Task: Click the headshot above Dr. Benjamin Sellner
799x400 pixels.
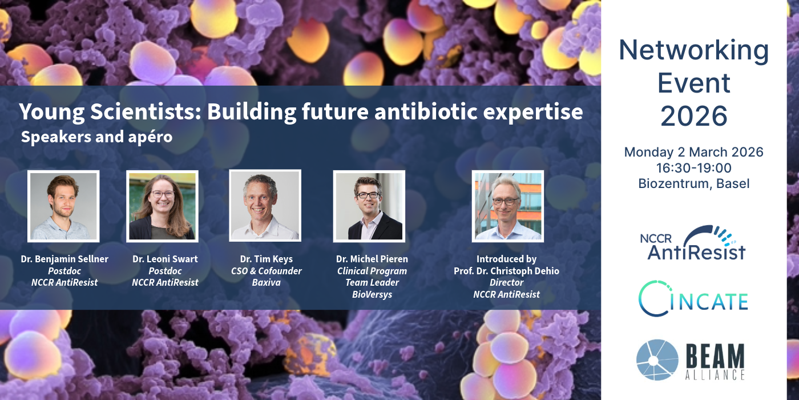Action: [63, 206]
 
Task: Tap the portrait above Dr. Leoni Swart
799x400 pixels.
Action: [162, 206]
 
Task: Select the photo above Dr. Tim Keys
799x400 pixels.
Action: [265, 206]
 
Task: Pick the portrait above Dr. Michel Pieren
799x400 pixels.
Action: [369, 206]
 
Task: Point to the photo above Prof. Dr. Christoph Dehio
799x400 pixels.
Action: [508, 206]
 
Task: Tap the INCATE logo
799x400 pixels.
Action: [693, 298]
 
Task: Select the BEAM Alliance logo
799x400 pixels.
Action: [691, 360]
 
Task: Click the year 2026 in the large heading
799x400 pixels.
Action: [694, 115]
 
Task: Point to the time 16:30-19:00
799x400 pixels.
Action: [694, 168]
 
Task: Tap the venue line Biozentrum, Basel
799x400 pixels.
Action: [694, 183]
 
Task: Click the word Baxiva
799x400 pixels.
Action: [266, 282]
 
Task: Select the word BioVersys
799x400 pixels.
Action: [372, 295]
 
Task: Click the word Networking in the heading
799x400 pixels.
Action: [694, 50]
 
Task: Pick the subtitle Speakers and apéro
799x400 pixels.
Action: [96, 137]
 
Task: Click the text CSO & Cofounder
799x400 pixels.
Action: [266, 271]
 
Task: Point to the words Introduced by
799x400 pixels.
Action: [507, 259]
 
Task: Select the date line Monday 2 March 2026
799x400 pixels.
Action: [694, 152]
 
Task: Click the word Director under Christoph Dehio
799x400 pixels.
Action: [507, 282]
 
